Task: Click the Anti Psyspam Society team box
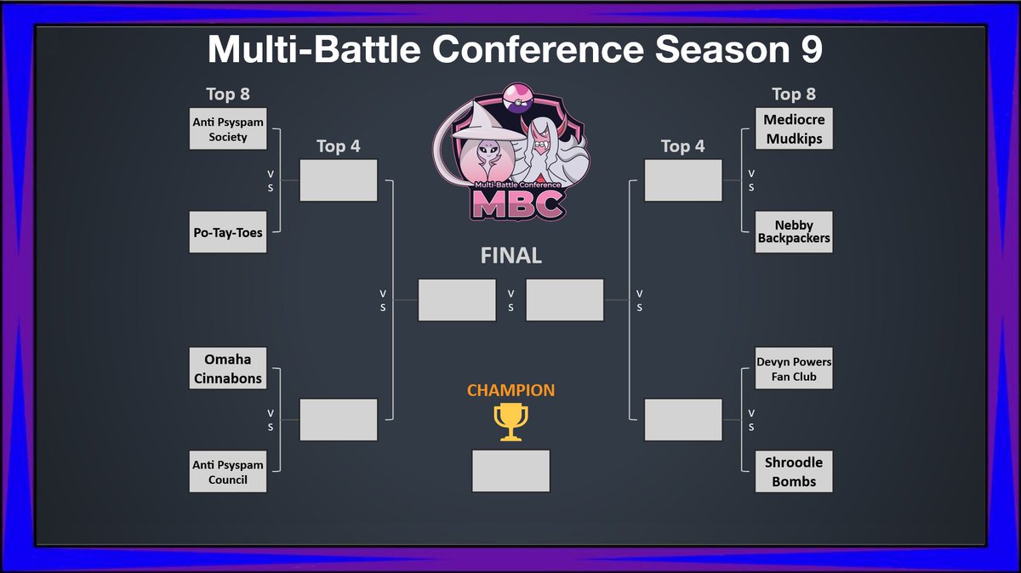click(227, 129)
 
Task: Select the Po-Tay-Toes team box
click(227, 233)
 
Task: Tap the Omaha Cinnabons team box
click(227, 368)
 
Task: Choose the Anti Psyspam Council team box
click(227, 472)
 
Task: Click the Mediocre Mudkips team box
click(794, 129)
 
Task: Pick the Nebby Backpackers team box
click(794, 233)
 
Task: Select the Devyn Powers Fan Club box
click(794, 368)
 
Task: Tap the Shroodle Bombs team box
click(794, 472)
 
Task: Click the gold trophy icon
click(510, 422)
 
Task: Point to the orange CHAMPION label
click(510, 391)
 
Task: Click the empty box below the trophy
click(510, 471)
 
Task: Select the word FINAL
click(510, 256)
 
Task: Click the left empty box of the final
click(457, 300)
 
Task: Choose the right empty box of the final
click(565, 300)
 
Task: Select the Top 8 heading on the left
click(228, 94)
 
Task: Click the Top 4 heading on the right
click(682, 146)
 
